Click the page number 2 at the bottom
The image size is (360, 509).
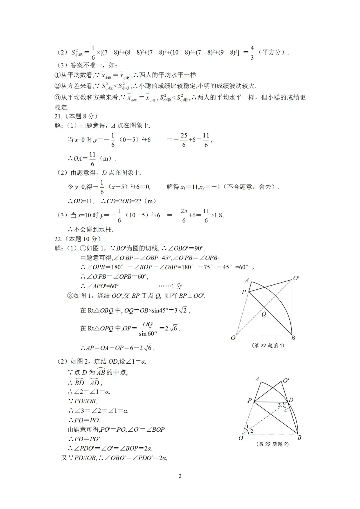coord(180,476)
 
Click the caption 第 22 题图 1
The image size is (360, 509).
coord(268,346)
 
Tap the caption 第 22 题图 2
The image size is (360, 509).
coord(273,444)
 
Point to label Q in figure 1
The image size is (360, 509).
coord(264,314)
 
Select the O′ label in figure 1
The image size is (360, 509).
coord(296,278)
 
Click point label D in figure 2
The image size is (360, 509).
coord(291,400)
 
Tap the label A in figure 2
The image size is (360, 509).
coord(257,379)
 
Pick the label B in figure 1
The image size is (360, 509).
coord(293,338)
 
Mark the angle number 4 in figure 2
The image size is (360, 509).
coord(285,411)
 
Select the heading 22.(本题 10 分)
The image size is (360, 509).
coord(78,239)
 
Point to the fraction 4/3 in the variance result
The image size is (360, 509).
coord(252,53)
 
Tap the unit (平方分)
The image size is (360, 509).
coord(273,52)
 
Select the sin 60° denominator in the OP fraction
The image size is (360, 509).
coord(148,333)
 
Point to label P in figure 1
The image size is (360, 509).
coord(244,292)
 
